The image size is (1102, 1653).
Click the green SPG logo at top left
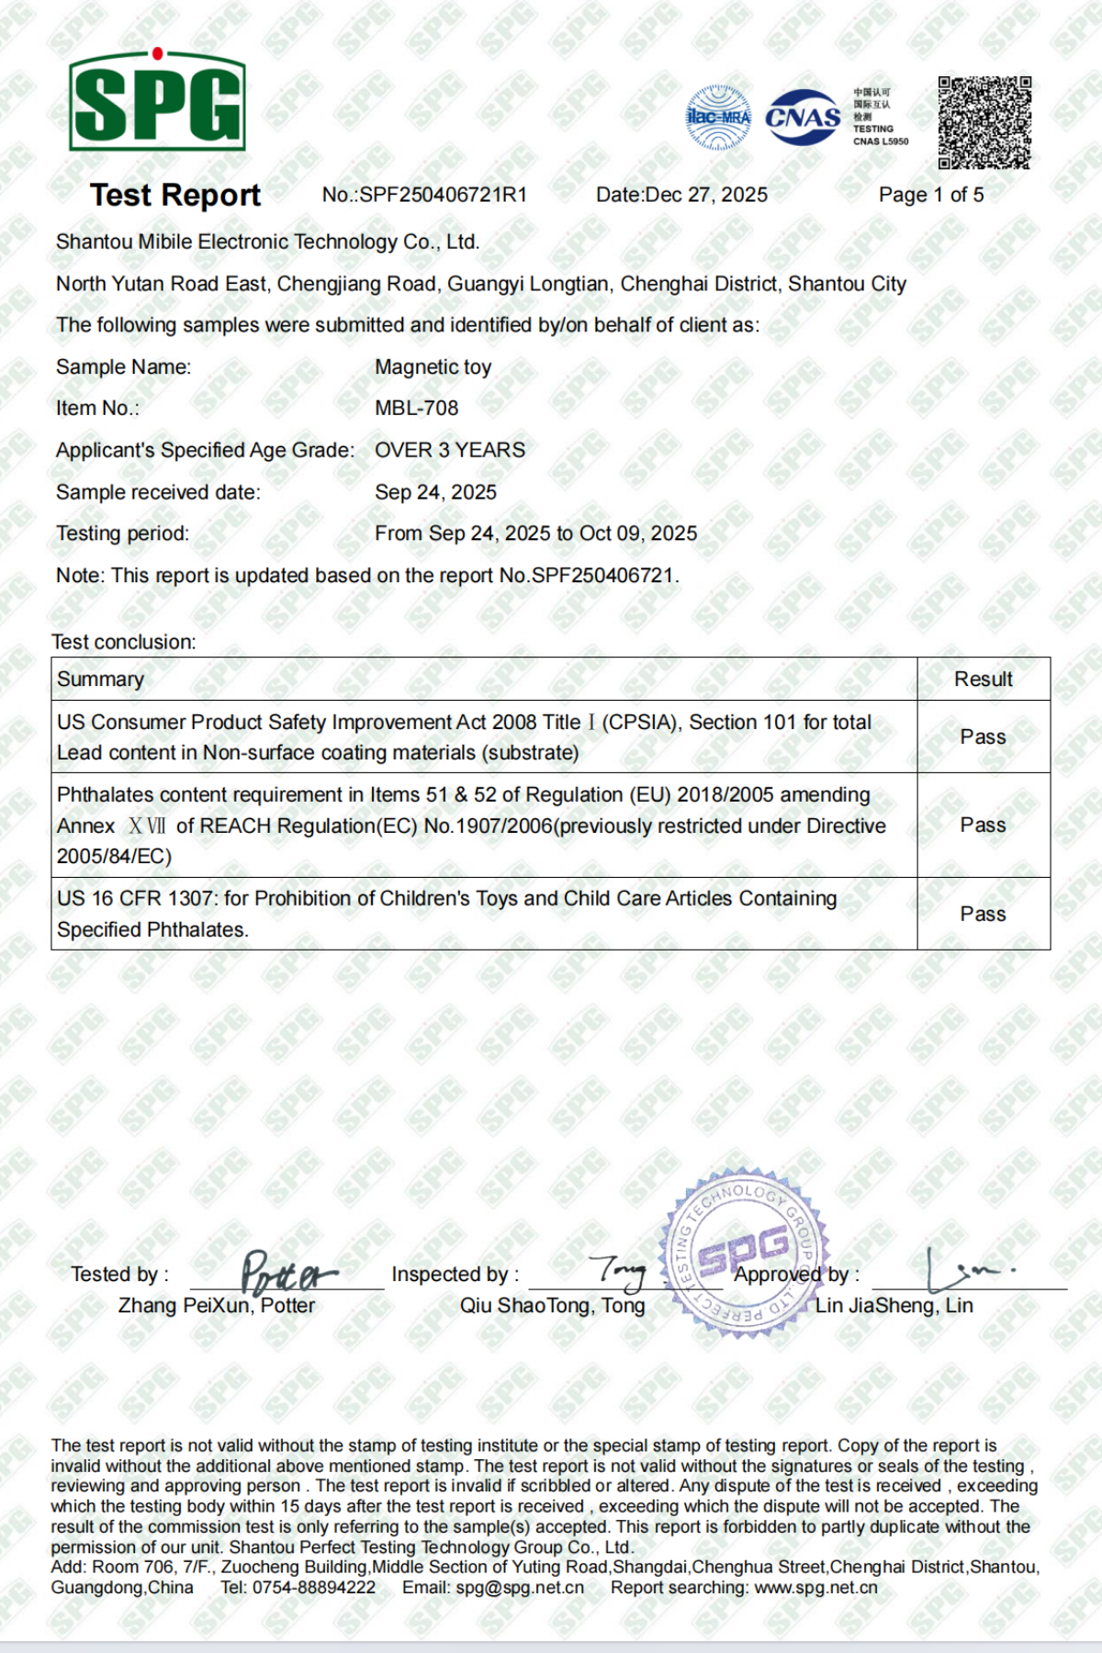click(x=157, y=101)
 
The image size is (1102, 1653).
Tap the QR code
click(x=984, y=122)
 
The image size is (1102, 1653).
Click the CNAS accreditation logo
click(x=803, y=118)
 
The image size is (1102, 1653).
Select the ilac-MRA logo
click(x=718, y=118)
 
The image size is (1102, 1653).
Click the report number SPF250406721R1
click(x=443, y=195)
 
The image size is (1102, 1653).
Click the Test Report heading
click(x=175, y=195)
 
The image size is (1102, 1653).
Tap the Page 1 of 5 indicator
click(x=930, y=195)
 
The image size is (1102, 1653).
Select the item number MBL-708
click(x=416, y=408)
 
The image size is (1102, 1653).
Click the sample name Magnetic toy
click(x=433, y=366)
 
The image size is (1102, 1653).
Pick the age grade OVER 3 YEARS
click(x=450, y=450)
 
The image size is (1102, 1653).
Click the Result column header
click(x=983, y=679)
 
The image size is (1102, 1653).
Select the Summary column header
click(x=100, y=679)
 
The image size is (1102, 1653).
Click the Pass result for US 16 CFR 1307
click(x=983, y=914)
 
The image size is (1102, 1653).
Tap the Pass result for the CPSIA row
click(x=983, y=737)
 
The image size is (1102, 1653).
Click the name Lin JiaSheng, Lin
click(x=894, y=1305)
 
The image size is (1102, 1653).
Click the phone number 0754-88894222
click(x=314, y=1588)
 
